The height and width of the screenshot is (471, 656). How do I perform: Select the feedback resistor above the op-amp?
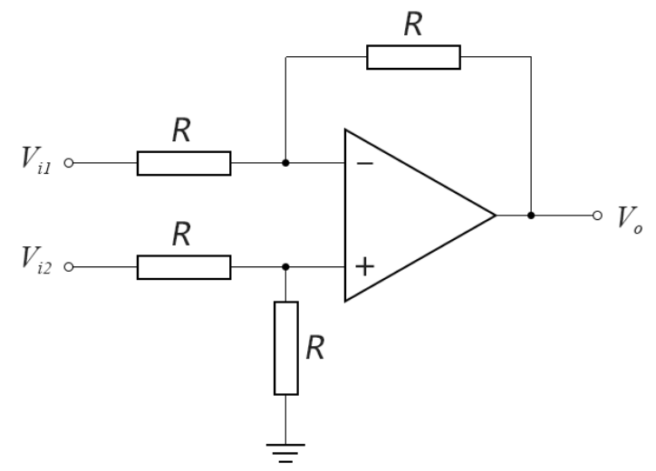(413, 58)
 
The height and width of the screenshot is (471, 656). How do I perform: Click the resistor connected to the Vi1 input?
(184, 164)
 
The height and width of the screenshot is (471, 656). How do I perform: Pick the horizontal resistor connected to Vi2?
(184, 268)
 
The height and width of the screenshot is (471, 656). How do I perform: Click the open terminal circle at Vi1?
(70, 164)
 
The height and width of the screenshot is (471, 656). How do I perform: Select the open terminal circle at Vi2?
(70, 268)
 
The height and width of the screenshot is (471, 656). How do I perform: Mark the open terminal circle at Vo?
(596, 216)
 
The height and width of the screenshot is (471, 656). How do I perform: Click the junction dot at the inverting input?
(286, 164)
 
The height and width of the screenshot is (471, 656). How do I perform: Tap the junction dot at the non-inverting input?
(286, 268)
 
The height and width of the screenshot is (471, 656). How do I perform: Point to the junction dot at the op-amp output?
(531, 216)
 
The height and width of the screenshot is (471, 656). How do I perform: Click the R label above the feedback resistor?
(414, 24)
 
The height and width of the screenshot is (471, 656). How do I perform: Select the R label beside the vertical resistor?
(314, 349)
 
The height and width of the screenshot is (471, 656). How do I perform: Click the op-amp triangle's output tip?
(496, 216)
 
